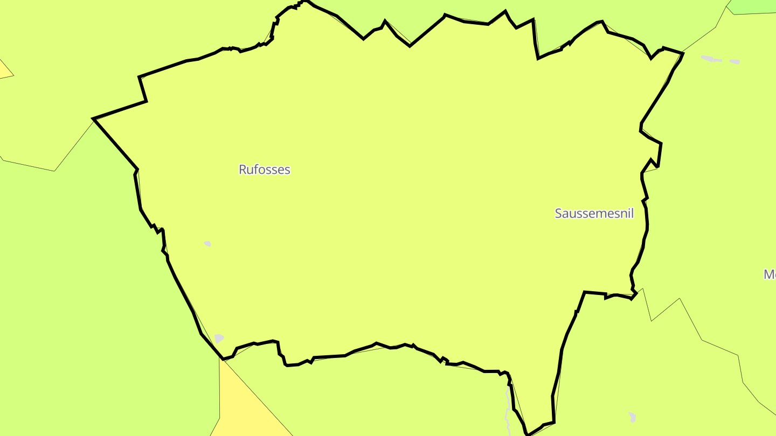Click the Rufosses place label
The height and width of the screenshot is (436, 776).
[x=264, y=170]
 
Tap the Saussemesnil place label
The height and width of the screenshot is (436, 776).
[x=594, y=213]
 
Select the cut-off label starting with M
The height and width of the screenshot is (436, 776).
[x=770, y=275]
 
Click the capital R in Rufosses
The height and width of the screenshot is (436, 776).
[x=242, y=170]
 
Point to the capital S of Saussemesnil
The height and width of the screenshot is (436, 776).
[x=559, y=213]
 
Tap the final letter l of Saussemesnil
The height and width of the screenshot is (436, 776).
[x=632, y=213]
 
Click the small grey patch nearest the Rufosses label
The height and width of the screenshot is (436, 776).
[x=207, y=244]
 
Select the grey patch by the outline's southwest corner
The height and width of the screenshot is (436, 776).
[x=218, y=339]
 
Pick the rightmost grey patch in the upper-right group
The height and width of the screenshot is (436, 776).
[x=735, y=62]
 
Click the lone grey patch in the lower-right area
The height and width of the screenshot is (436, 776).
[x=632, y=417]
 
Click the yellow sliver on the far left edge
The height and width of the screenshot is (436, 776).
[x=4, y=70]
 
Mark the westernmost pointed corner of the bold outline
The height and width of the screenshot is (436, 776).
[x=94, y=118]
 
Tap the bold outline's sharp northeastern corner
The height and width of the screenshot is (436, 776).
[x=683, y=53]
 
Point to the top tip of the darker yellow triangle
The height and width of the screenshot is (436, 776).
[x=220, y=359]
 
